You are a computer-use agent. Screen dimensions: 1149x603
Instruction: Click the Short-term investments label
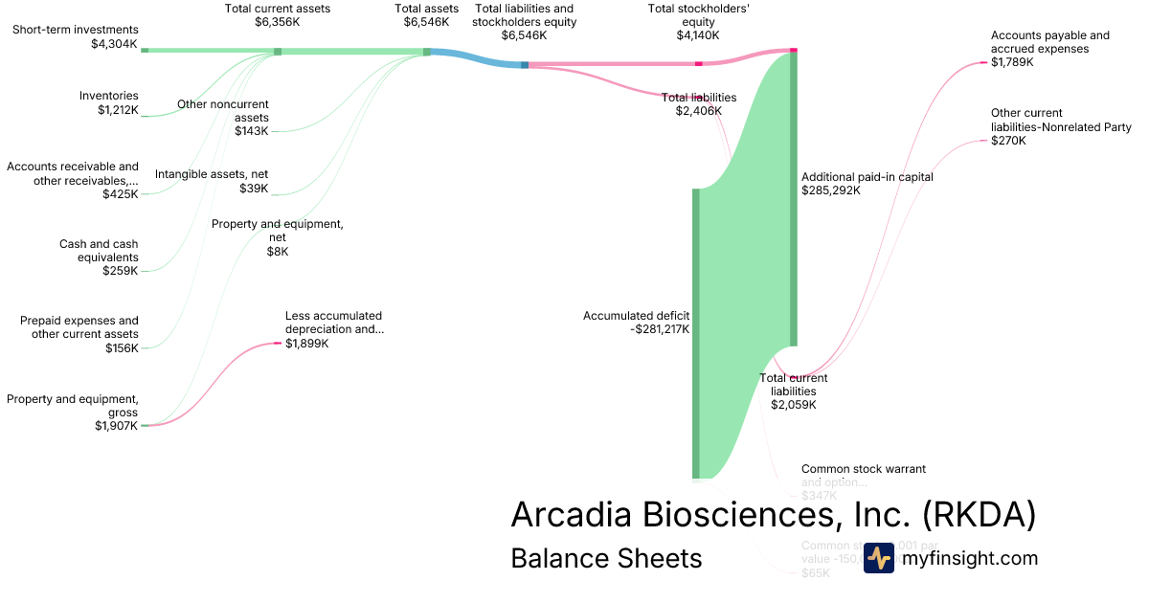click(x=75, y=36)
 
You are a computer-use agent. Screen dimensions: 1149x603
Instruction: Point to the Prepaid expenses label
click(x=79, y=334)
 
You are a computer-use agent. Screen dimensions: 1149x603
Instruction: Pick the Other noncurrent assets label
click(x=223, y=117)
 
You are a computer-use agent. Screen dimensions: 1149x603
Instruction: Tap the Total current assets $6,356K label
click(x=277, y=14)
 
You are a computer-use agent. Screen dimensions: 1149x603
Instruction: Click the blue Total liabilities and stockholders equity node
click(x=525, y=64)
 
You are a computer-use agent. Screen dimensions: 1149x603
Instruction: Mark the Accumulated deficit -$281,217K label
click(x=636, y=322)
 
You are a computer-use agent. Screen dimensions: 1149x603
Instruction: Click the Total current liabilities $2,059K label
click(x=794, y=391)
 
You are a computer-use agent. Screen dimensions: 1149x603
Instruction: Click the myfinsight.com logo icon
click(x=878, y=558)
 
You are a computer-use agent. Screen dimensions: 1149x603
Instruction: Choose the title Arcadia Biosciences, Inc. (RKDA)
click(x=774, y=514)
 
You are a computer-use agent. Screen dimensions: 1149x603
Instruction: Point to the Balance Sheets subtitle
click(x=606, y=558)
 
